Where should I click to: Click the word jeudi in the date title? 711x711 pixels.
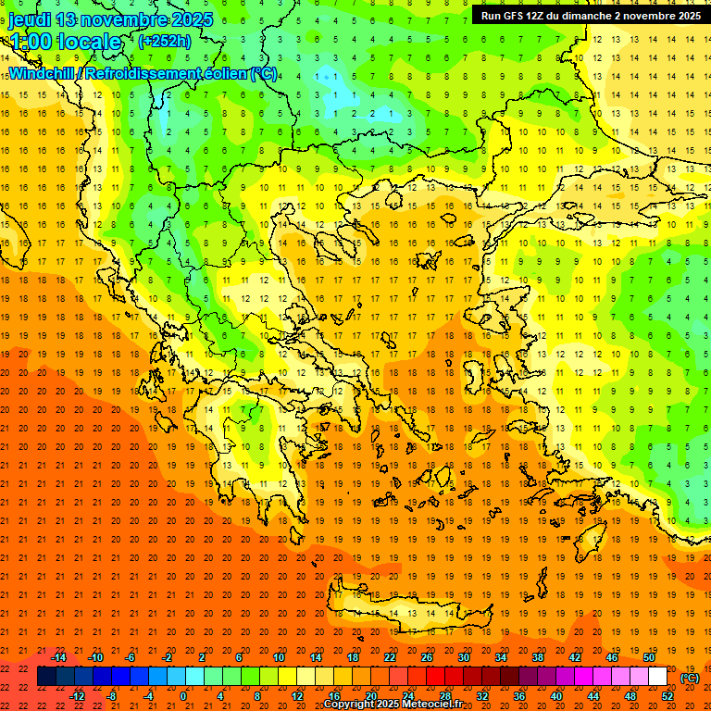(x=31, y=19)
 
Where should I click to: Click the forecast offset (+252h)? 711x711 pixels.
(x=165, y=42)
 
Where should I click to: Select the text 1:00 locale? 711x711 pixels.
(x=65, y=42)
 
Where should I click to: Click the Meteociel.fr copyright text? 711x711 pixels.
(x=393, y=705)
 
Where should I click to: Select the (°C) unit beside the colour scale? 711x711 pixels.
(x=690, y=678)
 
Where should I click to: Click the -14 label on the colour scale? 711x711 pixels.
(x=59, y=657)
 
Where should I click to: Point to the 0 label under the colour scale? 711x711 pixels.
(x=182, y=696)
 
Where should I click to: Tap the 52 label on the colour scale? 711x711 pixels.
(x=667, y=696)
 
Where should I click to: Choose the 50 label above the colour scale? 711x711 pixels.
(x=648, y=657)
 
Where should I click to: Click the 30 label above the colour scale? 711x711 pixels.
(x=463, y=657)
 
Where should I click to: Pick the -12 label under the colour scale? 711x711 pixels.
(x=77, y=696)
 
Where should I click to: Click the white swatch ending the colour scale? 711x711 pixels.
(x=657, y=677)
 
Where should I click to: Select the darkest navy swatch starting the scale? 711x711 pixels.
(x=46, y=677)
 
